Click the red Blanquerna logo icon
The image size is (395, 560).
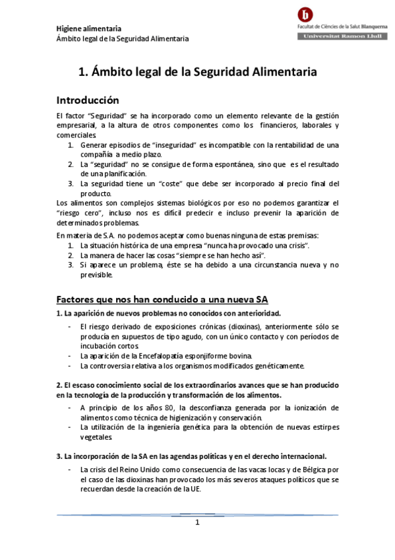point(306,15)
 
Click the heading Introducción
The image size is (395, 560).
point(87,100)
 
